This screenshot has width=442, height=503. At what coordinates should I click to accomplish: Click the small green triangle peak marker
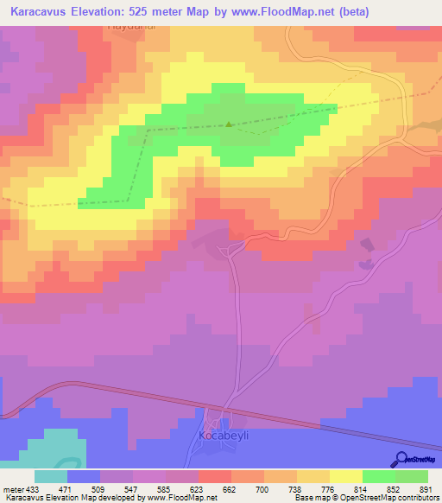(x=228, y=124)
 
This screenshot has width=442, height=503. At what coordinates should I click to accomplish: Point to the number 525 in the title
(x=161, y=10)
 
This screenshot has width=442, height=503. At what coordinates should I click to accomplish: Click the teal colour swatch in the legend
(x=51, y=476)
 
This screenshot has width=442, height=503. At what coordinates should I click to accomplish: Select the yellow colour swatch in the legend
(x=345, y=476)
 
